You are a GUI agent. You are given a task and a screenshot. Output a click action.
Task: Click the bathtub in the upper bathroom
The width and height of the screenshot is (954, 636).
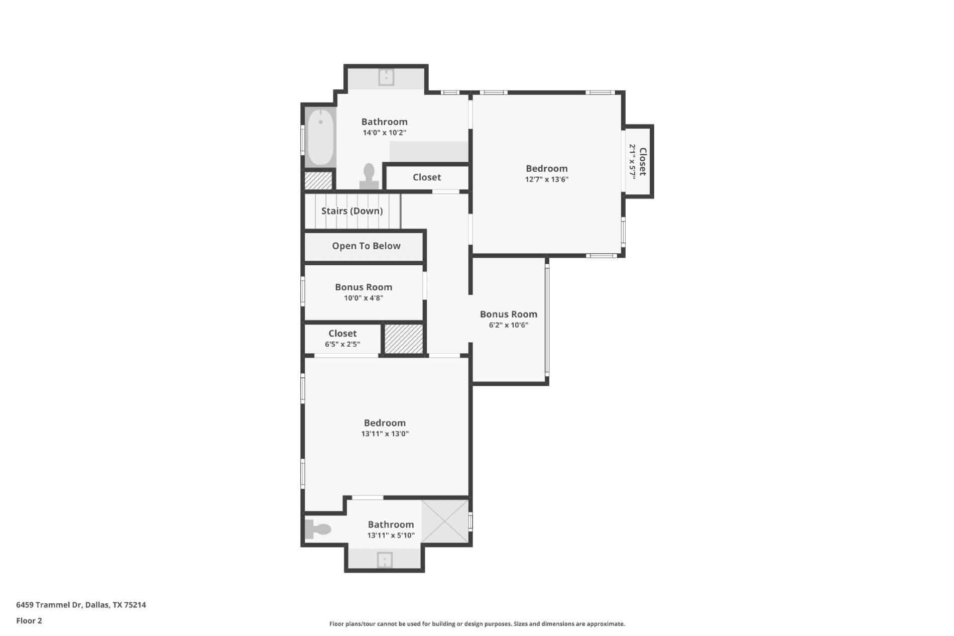point(320,137)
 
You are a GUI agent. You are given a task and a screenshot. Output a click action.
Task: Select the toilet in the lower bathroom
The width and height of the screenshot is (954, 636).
point(318,529)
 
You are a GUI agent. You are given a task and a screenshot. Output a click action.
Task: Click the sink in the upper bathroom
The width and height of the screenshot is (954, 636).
point(386,77)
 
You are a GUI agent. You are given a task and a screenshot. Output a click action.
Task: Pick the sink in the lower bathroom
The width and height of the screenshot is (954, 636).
point(385,560)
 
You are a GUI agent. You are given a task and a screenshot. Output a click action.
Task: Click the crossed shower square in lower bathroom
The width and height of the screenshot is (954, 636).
point(444,521)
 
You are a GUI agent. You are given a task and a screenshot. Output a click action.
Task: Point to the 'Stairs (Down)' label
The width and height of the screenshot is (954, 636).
point(352,211)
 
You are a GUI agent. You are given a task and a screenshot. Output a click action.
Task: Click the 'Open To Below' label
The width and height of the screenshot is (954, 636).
point(366,246)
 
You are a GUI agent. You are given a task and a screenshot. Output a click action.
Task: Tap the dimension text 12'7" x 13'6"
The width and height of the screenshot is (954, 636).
point(547,179)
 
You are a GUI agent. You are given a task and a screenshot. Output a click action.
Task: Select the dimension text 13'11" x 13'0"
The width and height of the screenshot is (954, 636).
point(385,434)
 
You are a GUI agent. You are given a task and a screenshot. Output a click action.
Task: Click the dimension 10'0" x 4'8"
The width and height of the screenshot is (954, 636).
point(364,298)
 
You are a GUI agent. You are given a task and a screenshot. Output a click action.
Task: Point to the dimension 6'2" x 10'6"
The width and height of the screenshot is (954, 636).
point(508,325)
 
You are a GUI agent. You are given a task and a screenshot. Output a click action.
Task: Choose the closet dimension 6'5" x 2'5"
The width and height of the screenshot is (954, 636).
point(342,345)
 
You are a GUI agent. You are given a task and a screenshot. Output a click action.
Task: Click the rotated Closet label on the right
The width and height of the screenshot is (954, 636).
point(642,161)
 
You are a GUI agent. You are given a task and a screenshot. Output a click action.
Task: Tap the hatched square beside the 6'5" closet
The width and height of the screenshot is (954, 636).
point(404,339)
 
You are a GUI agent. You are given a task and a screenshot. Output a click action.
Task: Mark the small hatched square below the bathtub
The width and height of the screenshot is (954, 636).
point(318,181)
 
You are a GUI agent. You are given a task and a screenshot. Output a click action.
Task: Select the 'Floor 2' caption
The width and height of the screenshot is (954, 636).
point(29,621)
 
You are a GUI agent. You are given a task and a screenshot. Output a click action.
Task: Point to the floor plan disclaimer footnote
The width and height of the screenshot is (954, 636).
point(477,624)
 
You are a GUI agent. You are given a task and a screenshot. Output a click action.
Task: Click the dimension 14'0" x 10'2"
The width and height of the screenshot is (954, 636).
point(384,133)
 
